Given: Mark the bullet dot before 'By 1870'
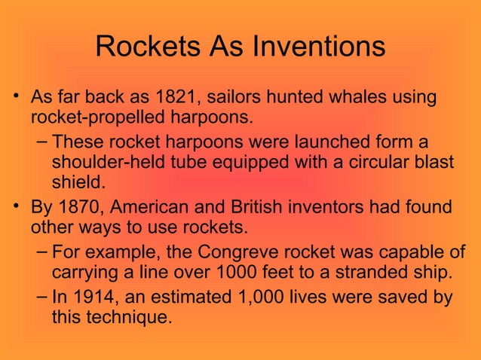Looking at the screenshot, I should (x=18, y=206).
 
